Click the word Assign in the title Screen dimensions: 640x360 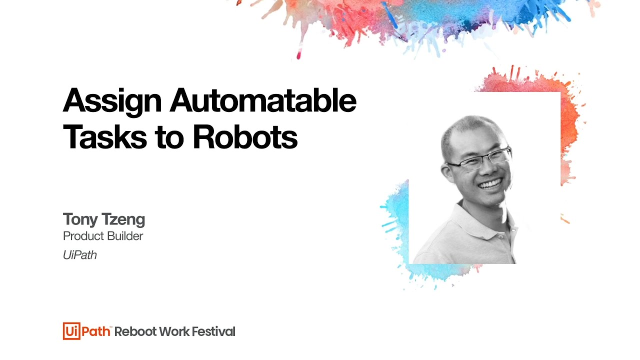point(112,102)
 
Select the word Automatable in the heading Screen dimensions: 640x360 point(263,100)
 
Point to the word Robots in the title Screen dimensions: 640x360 point(245,136)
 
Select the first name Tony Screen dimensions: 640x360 point(80,220)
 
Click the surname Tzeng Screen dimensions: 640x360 point(123,220)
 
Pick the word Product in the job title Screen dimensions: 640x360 point(83,236)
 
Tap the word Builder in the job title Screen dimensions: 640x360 point(125,236)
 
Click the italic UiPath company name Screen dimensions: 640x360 point(79,255)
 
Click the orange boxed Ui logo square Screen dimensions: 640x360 point(71,331)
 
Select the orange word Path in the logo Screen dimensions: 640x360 point(96,331)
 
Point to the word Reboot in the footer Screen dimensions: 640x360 point(135,331)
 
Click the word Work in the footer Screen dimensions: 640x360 point(174,331)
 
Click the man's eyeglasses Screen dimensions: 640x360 point(480,159)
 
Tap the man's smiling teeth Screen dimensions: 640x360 point(490,183)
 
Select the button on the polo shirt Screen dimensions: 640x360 point(500,237)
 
